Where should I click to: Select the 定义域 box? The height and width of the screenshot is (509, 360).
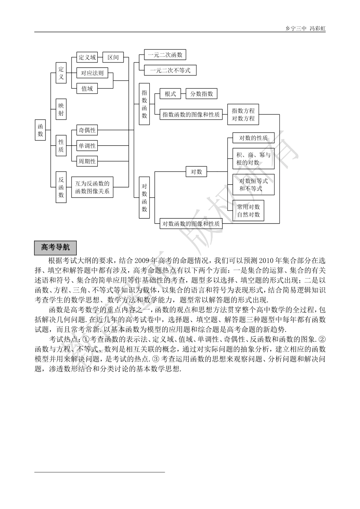tap(87, 58)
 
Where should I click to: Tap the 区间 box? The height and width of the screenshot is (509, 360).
tap(113, 58)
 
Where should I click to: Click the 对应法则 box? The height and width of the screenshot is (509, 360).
tap(92, 73)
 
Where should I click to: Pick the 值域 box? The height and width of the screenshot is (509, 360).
tap(87, 89)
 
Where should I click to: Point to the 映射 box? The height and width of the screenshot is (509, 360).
tap(61, 109)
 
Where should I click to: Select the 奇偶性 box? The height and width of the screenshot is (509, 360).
tap(87, 130)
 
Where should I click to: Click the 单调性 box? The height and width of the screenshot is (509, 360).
tap(87, 146)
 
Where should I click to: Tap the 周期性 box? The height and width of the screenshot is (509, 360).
tap(87, 161)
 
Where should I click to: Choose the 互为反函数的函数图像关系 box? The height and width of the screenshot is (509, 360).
tap(92, 187)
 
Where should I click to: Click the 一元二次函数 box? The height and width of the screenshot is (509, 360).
tap(165, 55)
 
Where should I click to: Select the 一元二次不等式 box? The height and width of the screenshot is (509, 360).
tap(170, 70)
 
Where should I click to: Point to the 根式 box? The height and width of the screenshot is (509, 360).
tap(170, 94)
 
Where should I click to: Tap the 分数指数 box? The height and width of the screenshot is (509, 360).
tap(201, 94)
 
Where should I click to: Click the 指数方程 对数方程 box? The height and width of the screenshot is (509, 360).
tap(243, 114)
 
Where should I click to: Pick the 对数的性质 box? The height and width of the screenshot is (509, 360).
tap(253, 138)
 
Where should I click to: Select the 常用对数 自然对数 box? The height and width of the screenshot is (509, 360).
tap(248, 211)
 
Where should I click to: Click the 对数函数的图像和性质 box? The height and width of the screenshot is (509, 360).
tap(191, 223)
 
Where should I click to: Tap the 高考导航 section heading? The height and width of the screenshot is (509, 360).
tap(55, 248)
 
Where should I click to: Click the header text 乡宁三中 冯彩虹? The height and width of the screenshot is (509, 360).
tap(305, 28)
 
